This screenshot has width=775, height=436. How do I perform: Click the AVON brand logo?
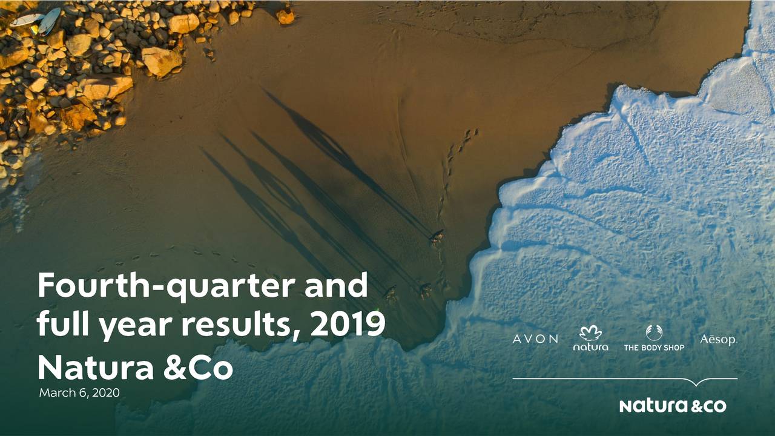point(535,339)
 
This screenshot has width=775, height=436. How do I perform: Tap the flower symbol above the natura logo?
point(590,333)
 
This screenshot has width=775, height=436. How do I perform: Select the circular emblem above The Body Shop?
point(654,333)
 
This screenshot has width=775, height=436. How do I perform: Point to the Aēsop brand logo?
point(719,340)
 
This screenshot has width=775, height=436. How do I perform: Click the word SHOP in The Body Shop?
point(673,348)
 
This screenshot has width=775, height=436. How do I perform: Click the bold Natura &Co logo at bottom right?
point(673,406)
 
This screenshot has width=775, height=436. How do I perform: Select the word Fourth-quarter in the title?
point(167,285)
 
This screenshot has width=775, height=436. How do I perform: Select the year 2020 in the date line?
point(106,393)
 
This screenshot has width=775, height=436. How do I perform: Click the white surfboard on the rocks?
point(26,20)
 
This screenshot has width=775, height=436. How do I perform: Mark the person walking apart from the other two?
point(437,238)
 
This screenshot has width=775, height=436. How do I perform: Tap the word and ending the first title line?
point(336,285)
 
